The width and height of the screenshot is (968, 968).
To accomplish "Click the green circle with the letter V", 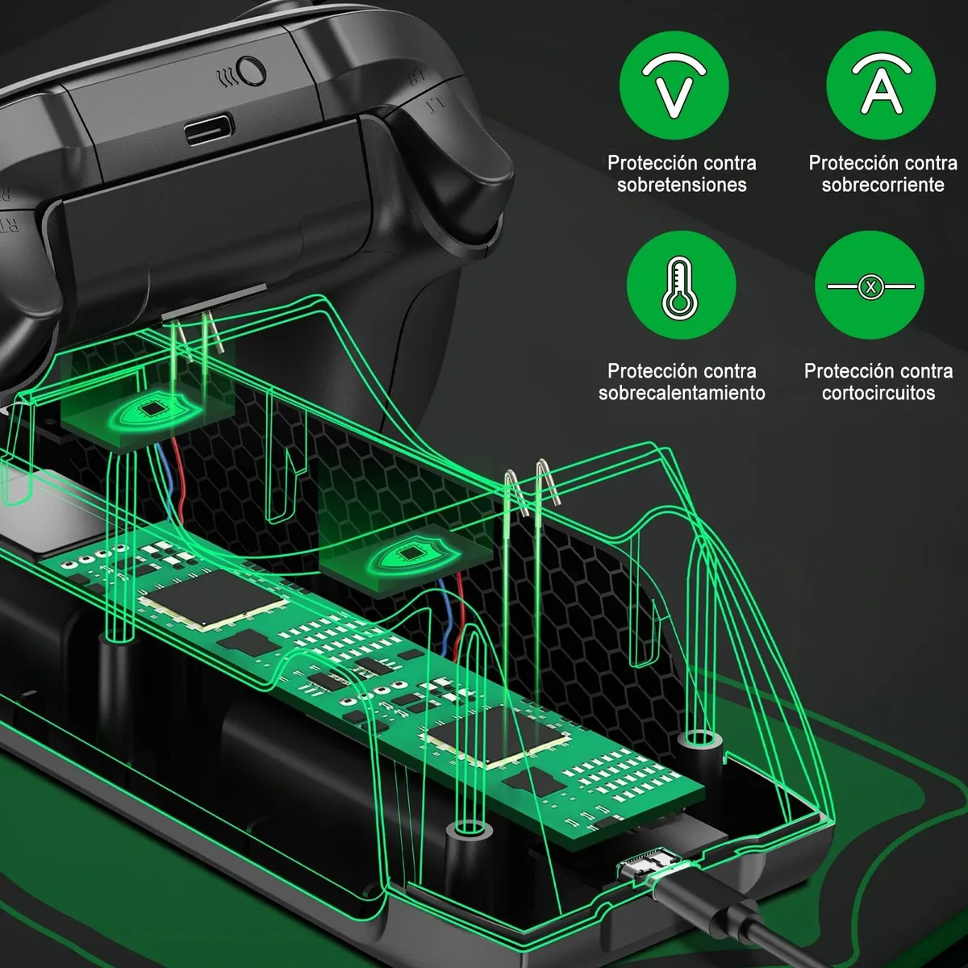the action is point(674,86).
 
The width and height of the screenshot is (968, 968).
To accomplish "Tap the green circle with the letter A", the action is point(881,86).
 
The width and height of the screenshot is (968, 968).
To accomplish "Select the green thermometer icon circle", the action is point(681,286).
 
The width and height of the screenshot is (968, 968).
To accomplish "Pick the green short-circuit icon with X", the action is point(870,286).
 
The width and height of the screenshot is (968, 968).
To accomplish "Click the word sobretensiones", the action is point(682,185).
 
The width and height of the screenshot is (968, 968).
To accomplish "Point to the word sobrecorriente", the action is point(883,185).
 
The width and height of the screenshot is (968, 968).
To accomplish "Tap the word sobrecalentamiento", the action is point(682,393).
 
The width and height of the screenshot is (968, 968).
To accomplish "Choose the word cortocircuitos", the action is point(878,393).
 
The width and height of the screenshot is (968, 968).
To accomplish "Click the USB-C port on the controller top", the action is point(210,130).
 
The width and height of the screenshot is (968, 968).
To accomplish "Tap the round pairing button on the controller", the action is point(251,71).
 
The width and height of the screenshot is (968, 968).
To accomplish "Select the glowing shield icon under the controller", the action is point(152,410).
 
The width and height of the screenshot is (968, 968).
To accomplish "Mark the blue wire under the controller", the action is point(165,482).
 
